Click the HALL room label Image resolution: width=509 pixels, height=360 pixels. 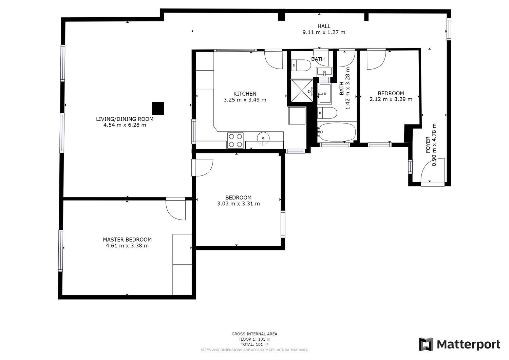tap(324, 26)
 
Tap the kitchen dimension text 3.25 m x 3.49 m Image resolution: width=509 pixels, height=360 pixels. tap(245, 100)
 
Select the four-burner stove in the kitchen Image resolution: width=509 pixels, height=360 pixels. tap(235, 140)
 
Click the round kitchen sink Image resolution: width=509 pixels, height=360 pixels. tap(263, 138)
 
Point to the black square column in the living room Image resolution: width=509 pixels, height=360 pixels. tap(158, 108)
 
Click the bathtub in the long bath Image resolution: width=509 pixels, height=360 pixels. tap(337, 132)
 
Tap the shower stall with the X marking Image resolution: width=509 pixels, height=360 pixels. tap(302, 91)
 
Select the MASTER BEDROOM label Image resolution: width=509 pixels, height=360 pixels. tap(127, 240)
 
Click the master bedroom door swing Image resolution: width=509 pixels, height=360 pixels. tap(176, 209)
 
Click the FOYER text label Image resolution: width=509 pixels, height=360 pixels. tap(428, 145)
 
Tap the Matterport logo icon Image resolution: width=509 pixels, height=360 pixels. tap(426, 344)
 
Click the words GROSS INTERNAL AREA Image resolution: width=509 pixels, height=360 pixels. tap(254, 334)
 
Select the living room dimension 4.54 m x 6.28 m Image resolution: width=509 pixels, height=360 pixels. tap(125, 125)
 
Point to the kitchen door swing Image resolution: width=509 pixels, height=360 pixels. tap(274, 59)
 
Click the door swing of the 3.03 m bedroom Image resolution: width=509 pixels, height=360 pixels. tap(202, 168)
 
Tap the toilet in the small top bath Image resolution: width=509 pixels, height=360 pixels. tap(301, 65)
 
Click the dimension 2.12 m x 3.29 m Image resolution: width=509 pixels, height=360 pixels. tap(391, 99)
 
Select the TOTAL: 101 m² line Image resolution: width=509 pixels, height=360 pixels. tap(254, 344)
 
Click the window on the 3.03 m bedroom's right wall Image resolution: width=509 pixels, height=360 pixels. tap(283, 224)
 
